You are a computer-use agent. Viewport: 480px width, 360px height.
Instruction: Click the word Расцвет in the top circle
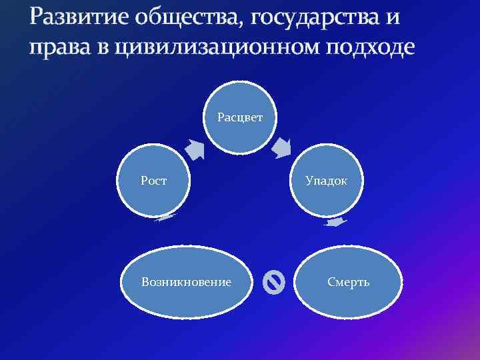point(240,117)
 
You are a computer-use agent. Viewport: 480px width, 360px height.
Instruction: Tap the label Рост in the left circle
point(153,180)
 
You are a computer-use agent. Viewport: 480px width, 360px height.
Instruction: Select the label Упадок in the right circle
point(325,180)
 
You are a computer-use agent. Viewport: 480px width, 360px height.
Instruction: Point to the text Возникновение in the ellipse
point(186,282)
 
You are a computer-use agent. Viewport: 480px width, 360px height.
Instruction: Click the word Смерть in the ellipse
point(348,282)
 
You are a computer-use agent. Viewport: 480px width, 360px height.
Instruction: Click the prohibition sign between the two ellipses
point(273,283)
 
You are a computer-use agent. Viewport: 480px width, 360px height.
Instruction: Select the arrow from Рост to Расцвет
point(195,150)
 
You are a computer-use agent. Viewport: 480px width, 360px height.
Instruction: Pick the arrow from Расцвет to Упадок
point(283,147)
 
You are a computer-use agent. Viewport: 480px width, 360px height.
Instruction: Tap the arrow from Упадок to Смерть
point(335,223)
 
